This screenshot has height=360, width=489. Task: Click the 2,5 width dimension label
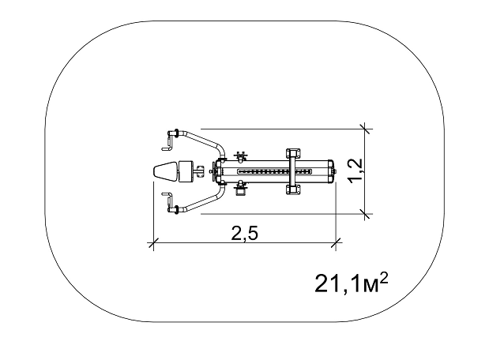(x=245, y=233)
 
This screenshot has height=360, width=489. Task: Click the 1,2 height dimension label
(x=355, y=171)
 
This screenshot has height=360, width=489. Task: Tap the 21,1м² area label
(x=352, y=283)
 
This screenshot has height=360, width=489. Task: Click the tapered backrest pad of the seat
(x=165, y=171)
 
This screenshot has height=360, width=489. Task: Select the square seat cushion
(x=186, y=171)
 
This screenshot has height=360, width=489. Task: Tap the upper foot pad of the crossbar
(x=293, y=154)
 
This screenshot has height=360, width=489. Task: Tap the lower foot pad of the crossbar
(x=293, y=189)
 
